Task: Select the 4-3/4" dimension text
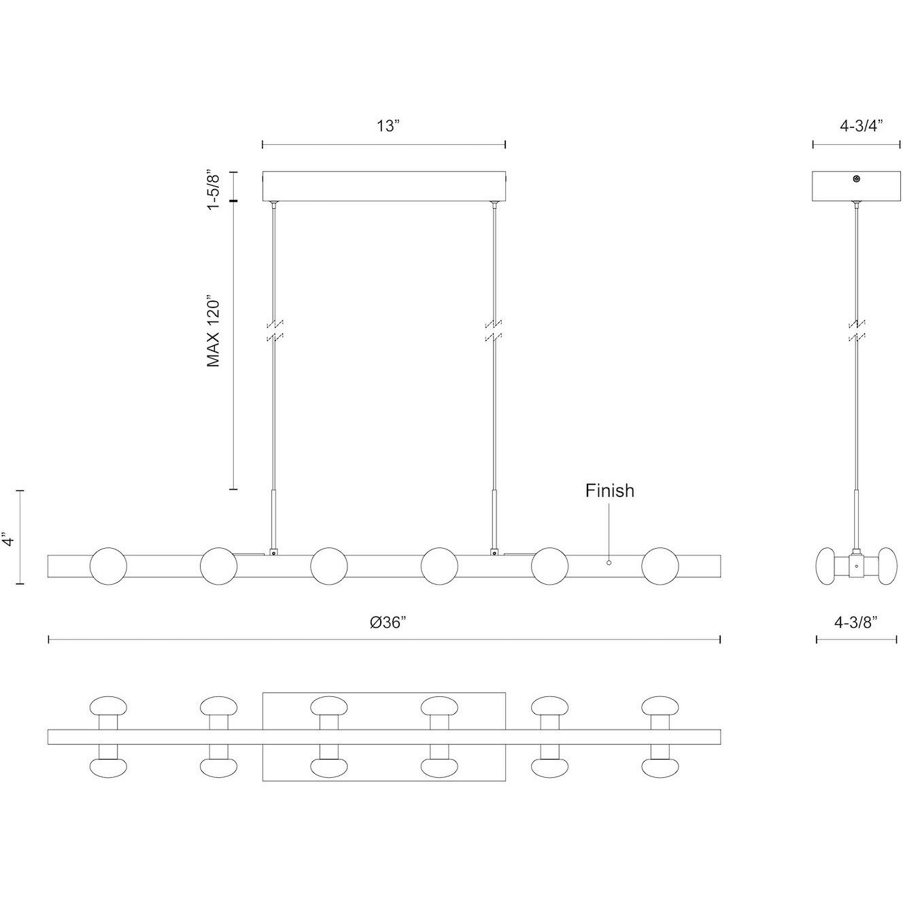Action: tap(856, 126)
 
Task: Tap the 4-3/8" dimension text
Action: tap(856, 621)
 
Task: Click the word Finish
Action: tap(609, 490)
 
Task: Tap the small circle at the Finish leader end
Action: tap(609, 562)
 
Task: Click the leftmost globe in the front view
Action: tap(108, 565)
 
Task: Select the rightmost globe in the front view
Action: tap(660, 565)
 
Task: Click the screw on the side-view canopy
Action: tap(856, 179)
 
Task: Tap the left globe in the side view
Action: tap(827, 565)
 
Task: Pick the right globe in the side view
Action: tap(886, 565)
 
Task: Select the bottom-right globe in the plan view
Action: tap(660, 768)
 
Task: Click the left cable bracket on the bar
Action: tap(273, 552)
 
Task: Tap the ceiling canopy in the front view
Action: tap(384, 186)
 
